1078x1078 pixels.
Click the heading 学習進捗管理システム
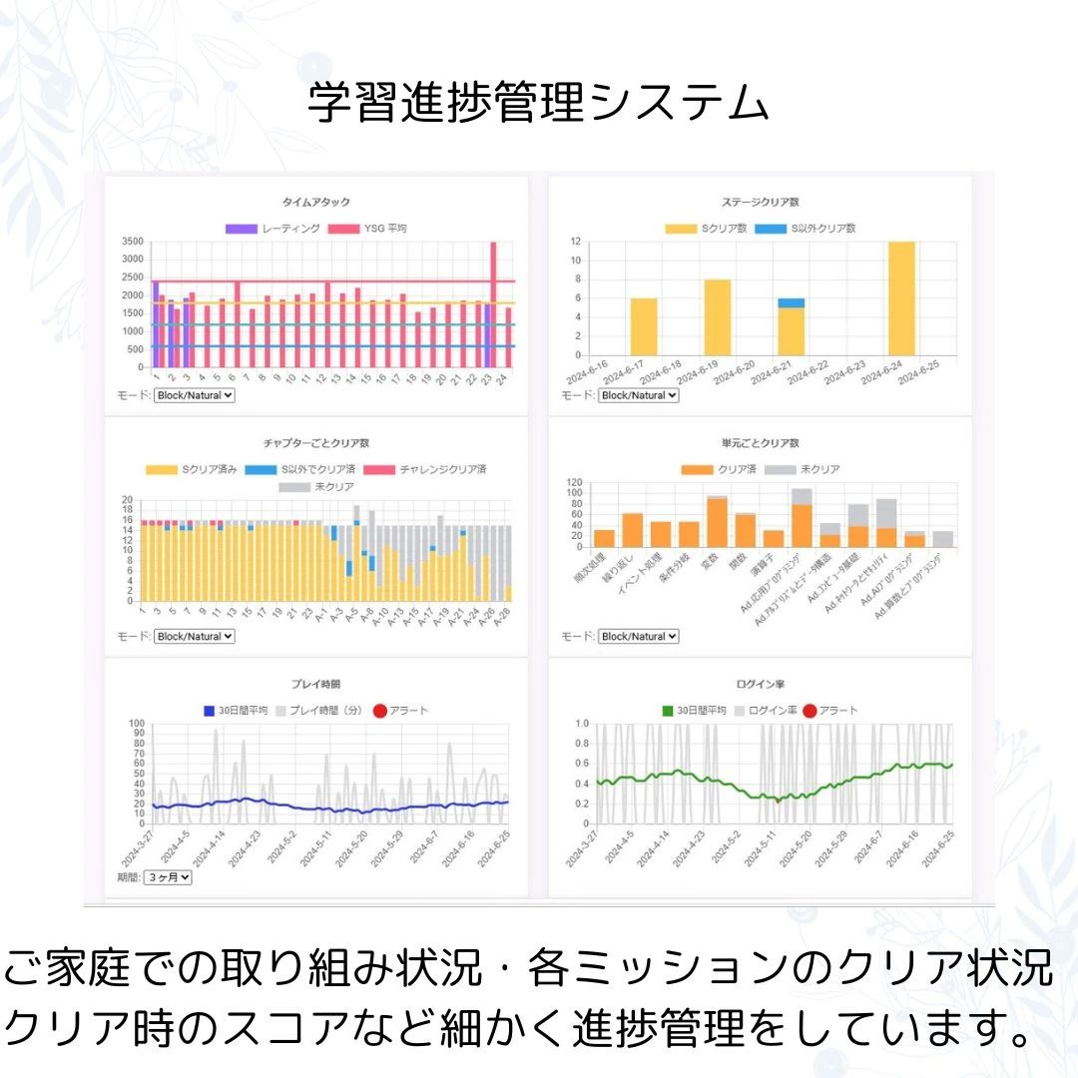click(539, 104)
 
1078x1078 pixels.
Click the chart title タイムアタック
click(316, 203)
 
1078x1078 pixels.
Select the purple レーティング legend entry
click(272, 229)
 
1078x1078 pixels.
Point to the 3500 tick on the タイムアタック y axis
click(132, 242)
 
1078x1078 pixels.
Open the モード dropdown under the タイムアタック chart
click(194, 395)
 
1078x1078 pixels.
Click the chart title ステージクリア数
click(760, 203)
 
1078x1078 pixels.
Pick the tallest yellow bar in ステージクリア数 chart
click(901, 297)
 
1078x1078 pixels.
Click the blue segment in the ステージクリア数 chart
click(792, 302)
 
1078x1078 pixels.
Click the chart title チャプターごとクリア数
click(316, 443)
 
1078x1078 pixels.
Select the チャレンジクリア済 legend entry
click(424, 469)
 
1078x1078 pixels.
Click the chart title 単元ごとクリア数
click(760, 443)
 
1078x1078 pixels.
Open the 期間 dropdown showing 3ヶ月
click(167, 878)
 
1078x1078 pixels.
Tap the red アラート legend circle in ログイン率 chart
click(809, 711)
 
